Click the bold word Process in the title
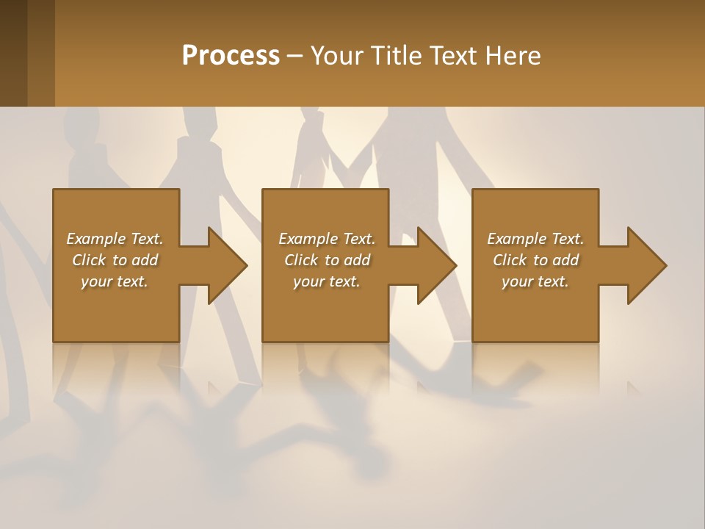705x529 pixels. click(231, 56)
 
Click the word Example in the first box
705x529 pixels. click(95, 239)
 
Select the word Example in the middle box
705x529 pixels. click(308, 239)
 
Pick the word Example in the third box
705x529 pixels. click(516, 239)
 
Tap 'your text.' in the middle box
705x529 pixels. click(326, 281)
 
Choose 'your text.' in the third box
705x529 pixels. click(535, 281)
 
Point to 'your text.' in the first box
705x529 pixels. click(114, 281)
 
